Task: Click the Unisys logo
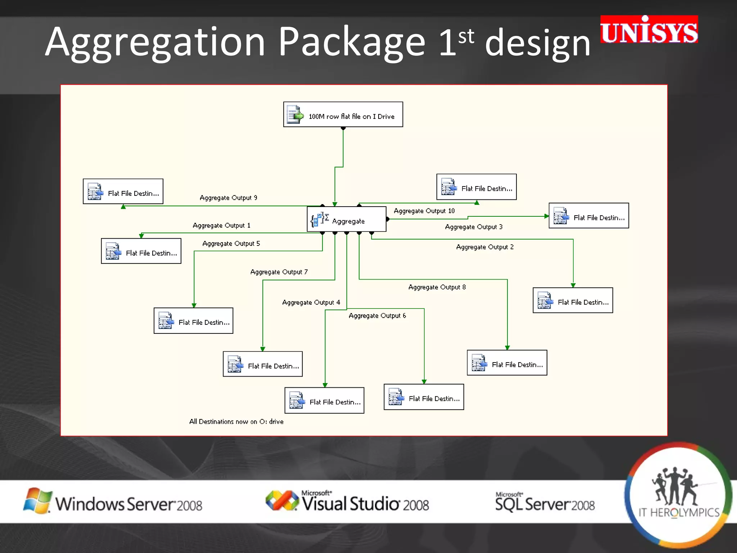[x=649, y=30]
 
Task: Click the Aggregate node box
[x=347, y=219]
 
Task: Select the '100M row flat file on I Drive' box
[x=343, y=114]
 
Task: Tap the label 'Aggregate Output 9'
[x=228, y=198]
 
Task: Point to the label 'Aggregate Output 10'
[x=424, y=211]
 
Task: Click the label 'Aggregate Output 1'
[x=221, y=225]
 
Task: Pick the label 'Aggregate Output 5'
[x=231, y=243]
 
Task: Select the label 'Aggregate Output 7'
[x=279, y=272]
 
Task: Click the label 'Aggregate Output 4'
[x=311, y=302]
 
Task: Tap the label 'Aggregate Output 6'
[x=377, y=316]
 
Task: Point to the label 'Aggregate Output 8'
[x=437, y=287]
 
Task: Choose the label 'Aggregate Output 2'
[x=485, y=247]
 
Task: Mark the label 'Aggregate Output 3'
[x=474, y=227]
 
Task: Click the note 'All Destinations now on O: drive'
[x=236, y=422]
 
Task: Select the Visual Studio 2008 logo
[x=347, y=502]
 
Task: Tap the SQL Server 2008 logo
[x=545, y=502]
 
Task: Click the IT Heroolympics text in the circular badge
[x=679, y=512]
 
